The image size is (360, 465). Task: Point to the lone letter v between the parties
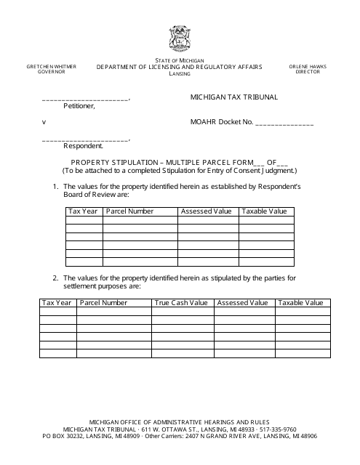point(44,122)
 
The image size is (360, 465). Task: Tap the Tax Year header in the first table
point(83,211)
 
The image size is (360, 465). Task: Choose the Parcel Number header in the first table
point(130,211)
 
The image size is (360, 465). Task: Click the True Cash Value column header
point(181,303)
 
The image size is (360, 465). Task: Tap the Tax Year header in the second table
point(57,303)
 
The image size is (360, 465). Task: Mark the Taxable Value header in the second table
point(301,303)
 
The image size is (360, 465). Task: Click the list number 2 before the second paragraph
point(55,278)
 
